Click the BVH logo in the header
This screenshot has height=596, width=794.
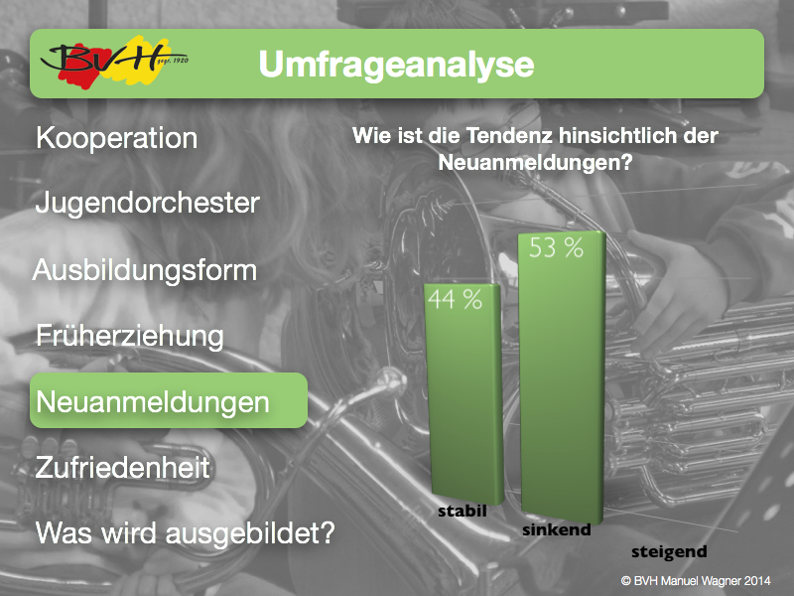point(113,63)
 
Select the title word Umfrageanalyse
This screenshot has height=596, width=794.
point(396,65)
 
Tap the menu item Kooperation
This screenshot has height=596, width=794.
point(116,138)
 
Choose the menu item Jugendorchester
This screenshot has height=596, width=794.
point(147,203)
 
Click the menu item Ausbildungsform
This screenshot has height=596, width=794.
point(145,270)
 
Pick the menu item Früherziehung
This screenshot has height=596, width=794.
point(130,336)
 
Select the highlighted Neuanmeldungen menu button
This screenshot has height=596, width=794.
point(169,400)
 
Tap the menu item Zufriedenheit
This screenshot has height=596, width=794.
point(122,467)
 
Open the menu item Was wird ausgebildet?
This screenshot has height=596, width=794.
point(186,533)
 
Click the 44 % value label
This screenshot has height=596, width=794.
point(455,300)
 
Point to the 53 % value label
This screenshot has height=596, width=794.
point(556,247)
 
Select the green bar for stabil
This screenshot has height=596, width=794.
point(464,393)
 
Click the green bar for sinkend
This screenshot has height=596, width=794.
point(562,377)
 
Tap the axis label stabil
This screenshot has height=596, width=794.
point(463,512)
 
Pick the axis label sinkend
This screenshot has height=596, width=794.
point(557,530)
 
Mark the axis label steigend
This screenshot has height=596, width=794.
point(669,552)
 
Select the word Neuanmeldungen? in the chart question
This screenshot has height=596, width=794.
point(535,163)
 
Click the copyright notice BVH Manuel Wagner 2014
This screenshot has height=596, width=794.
point(697,581)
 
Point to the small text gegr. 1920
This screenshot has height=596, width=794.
point(173,62)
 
